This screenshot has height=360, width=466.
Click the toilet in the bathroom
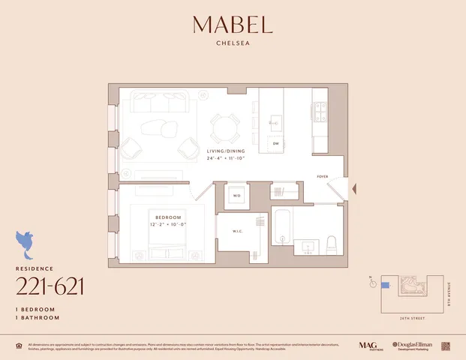click(x=331, y=244)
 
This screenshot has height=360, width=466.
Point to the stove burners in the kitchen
click(x=320, y=112)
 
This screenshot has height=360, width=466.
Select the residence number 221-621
click(x=50, y=286)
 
